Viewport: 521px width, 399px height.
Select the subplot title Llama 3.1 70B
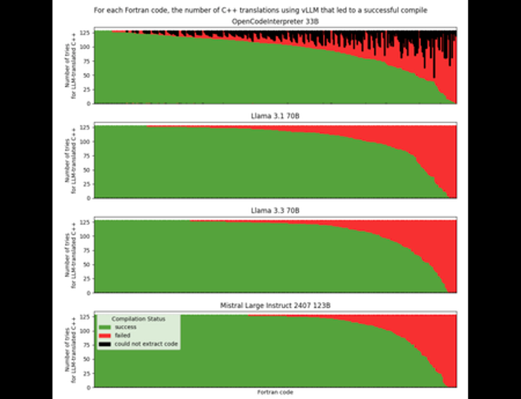(274, 116)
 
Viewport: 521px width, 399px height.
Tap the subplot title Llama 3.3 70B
(274, 210)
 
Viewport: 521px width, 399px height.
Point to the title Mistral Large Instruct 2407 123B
(274, 306)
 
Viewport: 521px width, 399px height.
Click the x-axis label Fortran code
(274, 392)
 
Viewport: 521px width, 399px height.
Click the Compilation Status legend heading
(138, 319)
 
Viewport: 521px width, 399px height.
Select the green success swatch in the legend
(106, 327)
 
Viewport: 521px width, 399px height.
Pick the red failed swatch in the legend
(106, 335)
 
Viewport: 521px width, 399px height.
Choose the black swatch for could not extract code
(106, 344)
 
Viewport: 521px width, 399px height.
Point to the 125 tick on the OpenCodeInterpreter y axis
(85, 33)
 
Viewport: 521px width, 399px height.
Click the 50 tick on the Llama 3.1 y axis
(87, 170)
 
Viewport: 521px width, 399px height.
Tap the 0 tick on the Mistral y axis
(89, 387)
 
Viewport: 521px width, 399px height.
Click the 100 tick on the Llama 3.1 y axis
(85, 142)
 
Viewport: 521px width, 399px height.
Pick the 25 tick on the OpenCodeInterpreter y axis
(87, 90)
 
